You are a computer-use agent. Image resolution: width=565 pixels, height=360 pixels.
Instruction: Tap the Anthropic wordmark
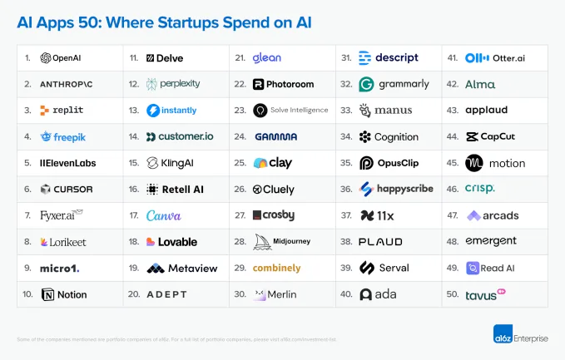point(67,84)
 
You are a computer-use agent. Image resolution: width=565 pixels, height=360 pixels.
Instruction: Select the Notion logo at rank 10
point(63,294)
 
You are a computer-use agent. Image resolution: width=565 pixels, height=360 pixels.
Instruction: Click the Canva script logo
point(163,215)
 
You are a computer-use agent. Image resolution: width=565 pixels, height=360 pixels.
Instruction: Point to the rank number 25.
point(240,163)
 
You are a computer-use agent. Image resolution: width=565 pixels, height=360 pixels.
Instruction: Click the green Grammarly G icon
point(366,84)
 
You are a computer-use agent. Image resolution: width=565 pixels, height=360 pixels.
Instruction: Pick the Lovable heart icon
point(151,242)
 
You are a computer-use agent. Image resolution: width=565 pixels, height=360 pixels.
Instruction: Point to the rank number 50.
point(452,294)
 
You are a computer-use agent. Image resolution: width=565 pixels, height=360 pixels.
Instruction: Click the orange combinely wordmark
point(276,268)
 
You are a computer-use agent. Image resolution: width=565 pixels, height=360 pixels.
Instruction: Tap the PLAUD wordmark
point(380,242)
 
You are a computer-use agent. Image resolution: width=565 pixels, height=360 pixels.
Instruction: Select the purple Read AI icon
point(473,268)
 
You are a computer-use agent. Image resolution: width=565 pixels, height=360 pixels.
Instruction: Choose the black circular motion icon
point(473,163)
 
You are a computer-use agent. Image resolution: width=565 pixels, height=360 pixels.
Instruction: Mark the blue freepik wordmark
point(62,136)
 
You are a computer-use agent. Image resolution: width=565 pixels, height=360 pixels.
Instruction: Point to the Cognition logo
point(389,136)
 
